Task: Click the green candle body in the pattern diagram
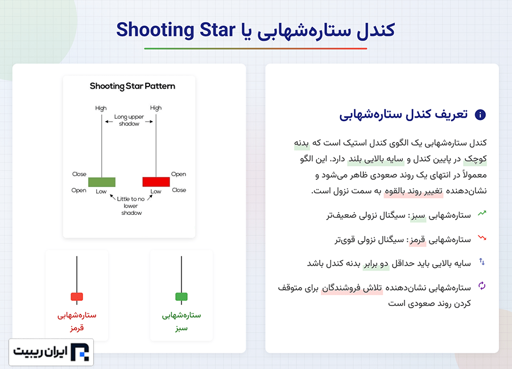pyautogui.click(x=102, y=182)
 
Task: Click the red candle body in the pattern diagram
pyautogui.click(x=156, y=182)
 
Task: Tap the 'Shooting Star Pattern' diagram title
pyautogui.click(x=132, y=86)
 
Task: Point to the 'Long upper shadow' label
pyautogui.click(x=129, y=120)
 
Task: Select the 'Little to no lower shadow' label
pyautogui.click(x=131, y=206)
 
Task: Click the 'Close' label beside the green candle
pyautogui.click(x=79, y=174)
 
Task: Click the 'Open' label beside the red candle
pyautogui.click(x=179, y=174)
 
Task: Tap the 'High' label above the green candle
pyautogui.click(x=101, y=108)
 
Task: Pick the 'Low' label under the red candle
pyautogui.click(x=156, y=192)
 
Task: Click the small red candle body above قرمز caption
pyautogui.click(x=77, y=297)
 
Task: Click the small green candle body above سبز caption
pyautogui.click(x=181, y=297)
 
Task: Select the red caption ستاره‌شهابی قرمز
pyautogui.click(x=77, y=321)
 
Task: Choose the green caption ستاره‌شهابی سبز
pyautogui.click(x=181, y=321)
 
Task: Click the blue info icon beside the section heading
pyautogui.click(x=480, y=114)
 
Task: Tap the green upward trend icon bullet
pyautogui.click(x=482, y=213)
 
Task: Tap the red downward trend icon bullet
pyautogui.click(x=482, y=238)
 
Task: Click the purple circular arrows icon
pyautogui.click(x=482, y=286)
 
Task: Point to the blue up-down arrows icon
pyautogui.click(x=482, y=262)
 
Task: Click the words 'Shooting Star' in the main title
pyautogui.click(x=176, y=30)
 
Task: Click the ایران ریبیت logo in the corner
pyautogui.click(x=51, y=352)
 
